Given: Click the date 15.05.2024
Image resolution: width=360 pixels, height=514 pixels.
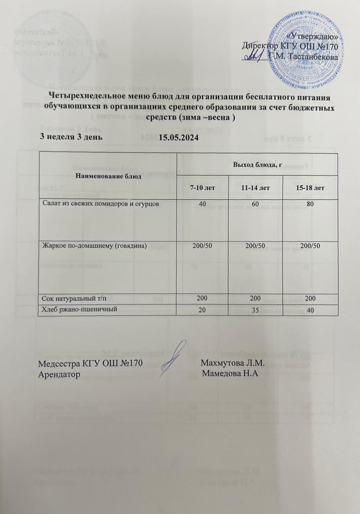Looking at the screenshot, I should click(179, 138).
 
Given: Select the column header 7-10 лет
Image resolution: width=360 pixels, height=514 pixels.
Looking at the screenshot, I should click(202, 188).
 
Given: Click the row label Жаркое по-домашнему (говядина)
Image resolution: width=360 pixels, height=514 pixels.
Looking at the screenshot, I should click(94, 245).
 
